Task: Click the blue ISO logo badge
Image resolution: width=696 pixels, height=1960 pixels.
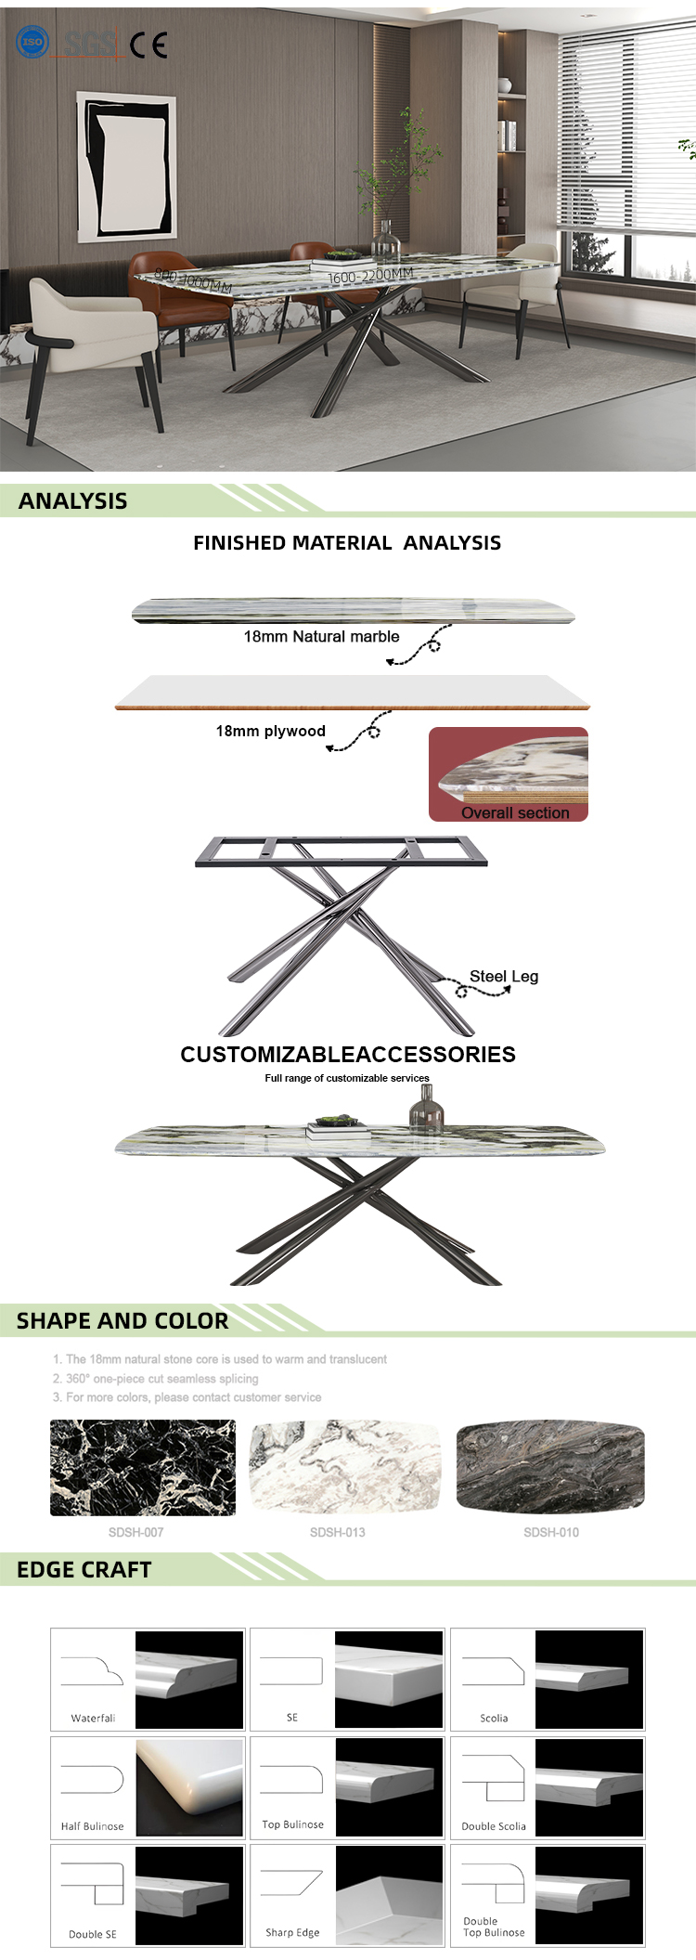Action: tap(32, 42)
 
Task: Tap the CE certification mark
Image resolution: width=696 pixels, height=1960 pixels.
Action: tap(148, 45)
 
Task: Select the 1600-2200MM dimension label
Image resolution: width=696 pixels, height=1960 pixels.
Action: tap(369, 276)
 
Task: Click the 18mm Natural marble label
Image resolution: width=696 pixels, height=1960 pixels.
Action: tap(321, 637)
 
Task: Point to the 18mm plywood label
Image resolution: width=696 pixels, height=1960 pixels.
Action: tap(270, 732)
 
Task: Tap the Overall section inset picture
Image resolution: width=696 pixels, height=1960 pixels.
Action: tap(509, 773)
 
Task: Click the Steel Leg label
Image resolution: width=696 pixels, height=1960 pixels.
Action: tap(503, 977)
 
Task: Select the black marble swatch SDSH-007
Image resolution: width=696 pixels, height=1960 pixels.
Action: tap(143, 1468)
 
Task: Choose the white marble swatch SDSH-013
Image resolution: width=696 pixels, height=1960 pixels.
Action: tap(345, 1468)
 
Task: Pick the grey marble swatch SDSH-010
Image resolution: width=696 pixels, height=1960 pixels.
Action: tap(550, 1466)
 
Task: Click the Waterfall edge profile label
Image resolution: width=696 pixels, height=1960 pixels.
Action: tap(93, 1719)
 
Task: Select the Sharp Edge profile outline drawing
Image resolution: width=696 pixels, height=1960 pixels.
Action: tap(291, 1883)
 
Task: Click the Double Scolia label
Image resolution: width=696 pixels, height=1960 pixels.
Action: tap(494, 1826)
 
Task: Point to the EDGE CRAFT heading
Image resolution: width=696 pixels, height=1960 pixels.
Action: tap(84, 1570)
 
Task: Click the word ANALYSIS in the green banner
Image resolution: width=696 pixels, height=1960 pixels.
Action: tap(72, 501)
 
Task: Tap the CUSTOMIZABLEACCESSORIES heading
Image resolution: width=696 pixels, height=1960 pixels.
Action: tap(348, 1055)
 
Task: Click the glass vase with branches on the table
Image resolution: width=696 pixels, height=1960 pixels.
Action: tap(387, 237)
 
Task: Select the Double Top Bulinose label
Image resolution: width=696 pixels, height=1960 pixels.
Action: tap(494, 1928)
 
